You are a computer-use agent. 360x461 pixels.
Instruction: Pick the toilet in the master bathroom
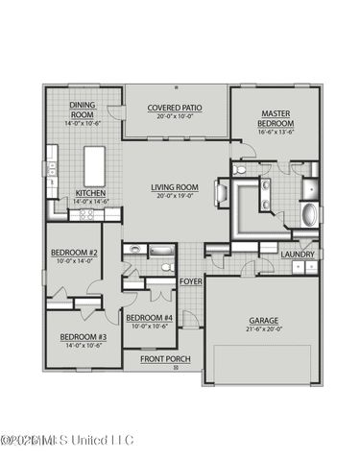click(240, 169)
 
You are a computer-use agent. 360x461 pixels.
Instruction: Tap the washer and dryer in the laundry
click(305, 267)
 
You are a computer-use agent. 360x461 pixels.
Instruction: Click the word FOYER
click(190, 281)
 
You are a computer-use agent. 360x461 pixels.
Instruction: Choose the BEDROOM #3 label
click(84, 337)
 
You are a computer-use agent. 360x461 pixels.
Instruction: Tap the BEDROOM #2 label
click(74, 254)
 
